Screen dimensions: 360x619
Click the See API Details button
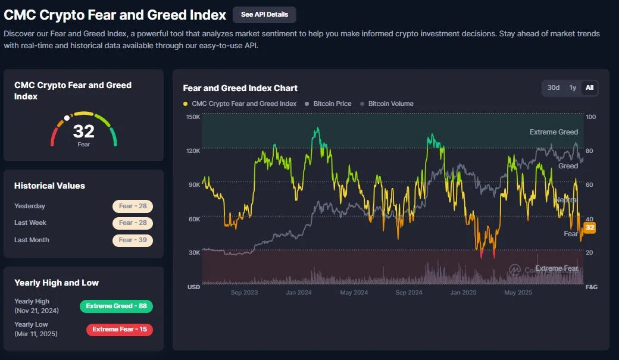(264, 15)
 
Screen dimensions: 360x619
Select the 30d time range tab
(554, 88)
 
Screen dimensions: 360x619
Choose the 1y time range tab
(573, 88)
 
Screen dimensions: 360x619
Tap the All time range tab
(589, 88)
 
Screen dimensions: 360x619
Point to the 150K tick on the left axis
(193, 117)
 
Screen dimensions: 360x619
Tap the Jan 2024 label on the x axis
(299, 293)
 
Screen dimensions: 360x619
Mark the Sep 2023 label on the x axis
(244, 293)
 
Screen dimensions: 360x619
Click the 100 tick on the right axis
(590, 117)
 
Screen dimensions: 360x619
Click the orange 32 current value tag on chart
(590, 228)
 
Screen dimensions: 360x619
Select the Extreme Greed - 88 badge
(116, 306)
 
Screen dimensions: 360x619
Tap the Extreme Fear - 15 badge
(119, 330)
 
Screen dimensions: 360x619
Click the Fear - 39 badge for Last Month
(133, 240)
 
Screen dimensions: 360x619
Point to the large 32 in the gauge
(84, 131)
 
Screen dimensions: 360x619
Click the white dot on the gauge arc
(67, 118)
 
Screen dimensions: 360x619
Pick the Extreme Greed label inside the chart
(554, 132)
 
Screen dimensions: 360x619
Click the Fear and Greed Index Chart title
(240, 88)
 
